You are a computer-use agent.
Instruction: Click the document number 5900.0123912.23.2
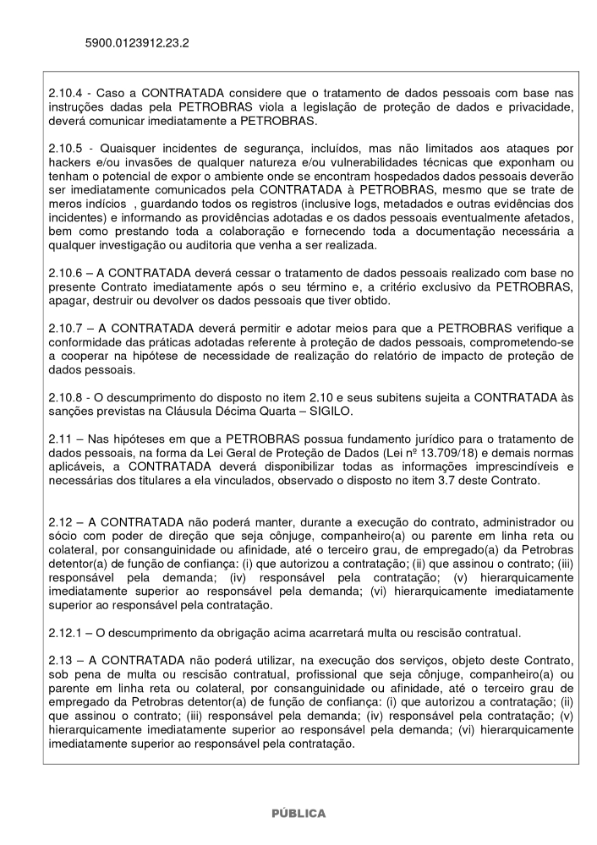click(x=137, y=41)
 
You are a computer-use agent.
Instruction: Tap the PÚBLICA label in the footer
click(x=298, y=813)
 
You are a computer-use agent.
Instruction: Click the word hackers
click(x=69, y=161)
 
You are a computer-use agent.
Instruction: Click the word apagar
click(x=69, y=301)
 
